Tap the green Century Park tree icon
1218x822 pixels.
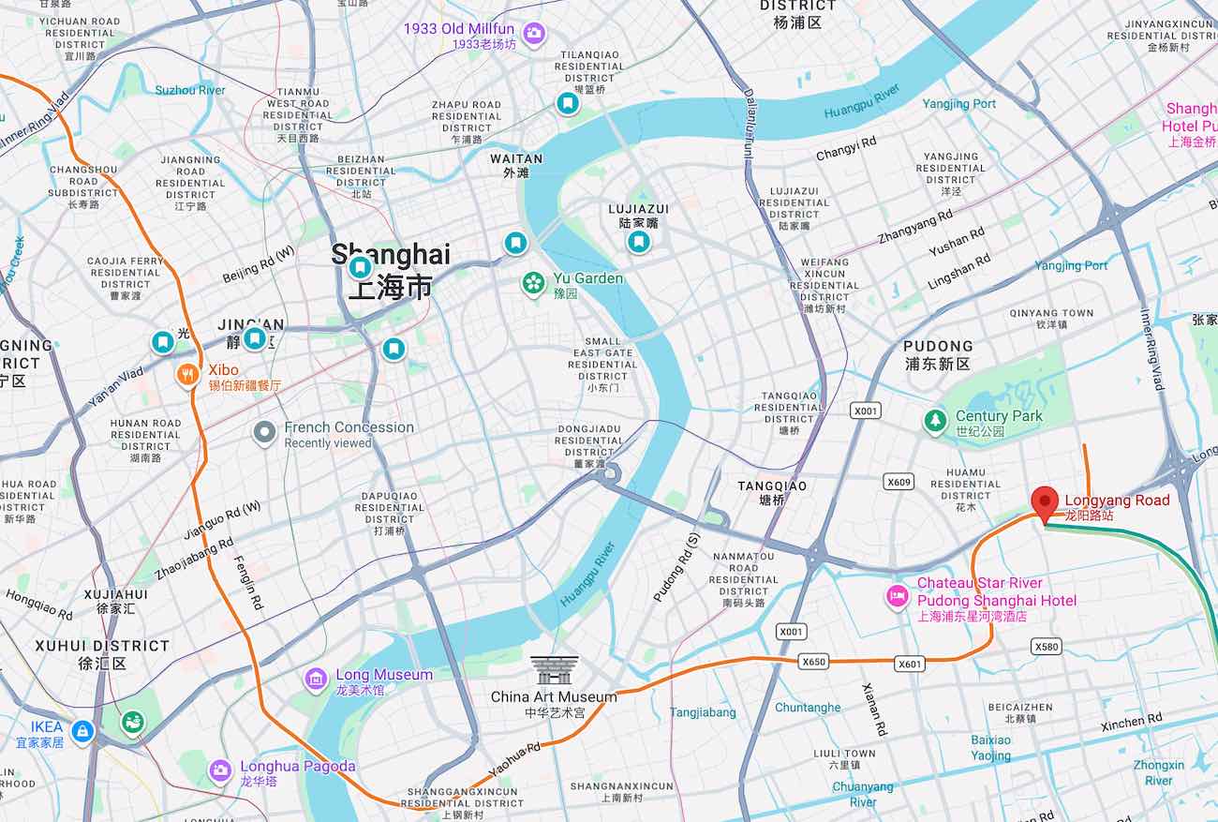click(934, 423)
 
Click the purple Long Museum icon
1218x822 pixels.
click(317, 678)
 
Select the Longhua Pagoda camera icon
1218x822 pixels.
click(220, 770)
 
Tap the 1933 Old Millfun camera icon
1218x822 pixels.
click(533, 35)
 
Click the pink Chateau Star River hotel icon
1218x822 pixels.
click(898, 595)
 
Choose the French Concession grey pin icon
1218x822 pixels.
click(265, 433)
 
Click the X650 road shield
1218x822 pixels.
click(814, 662)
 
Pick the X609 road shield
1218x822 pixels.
click(899, 482)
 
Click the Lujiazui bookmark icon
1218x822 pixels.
click(638, 243)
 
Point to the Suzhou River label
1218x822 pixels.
click(190, 90)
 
